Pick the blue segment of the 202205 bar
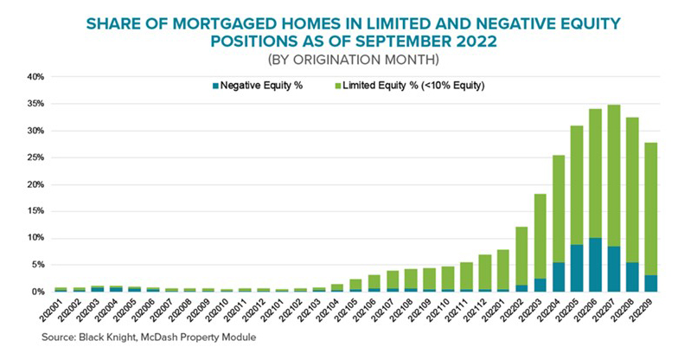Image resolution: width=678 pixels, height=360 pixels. click(577, 268)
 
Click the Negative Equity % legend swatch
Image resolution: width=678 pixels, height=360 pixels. click(214, 86)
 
